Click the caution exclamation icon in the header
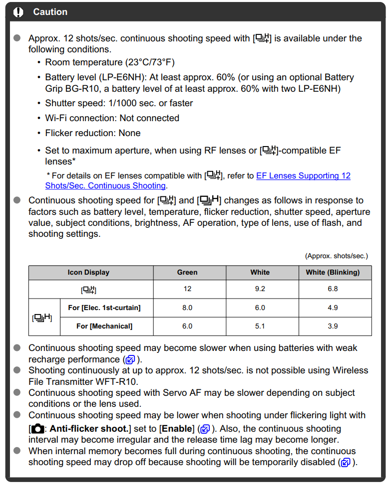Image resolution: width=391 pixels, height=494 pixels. pos(18,12)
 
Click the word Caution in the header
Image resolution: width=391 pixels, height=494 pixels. pos(50,12)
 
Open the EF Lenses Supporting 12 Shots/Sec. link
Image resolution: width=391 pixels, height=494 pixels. pos(303,176)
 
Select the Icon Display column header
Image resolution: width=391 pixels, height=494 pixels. pos(88,273)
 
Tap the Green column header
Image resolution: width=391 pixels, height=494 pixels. pos(187,273)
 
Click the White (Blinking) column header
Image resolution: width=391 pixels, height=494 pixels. pos(333,273)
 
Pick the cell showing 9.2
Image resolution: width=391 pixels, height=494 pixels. pos(260,289)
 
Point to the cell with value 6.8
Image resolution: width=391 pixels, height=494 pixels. pos(333,289)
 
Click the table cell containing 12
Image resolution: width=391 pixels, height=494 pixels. pos(187,289)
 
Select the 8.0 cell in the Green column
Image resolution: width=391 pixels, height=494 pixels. pos(187,308)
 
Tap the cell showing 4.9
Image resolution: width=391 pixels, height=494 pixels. pos(333,308)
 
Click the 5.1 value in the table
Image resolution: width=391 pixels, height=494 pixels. pos(260,327)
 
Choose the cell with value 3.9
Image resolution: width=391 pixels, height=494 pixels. pos(333,327)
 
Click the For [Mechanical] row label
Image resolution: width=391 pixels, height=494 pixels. pos(104,327)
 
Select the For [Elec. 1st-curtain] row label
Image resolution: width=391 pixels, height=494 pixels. pos(104,308)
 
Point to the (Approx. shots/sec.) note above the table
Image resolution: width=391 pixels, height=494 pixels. pos(336,256)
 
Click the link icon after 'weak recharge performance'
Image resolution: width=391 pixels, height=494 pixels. pos(130,359)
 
